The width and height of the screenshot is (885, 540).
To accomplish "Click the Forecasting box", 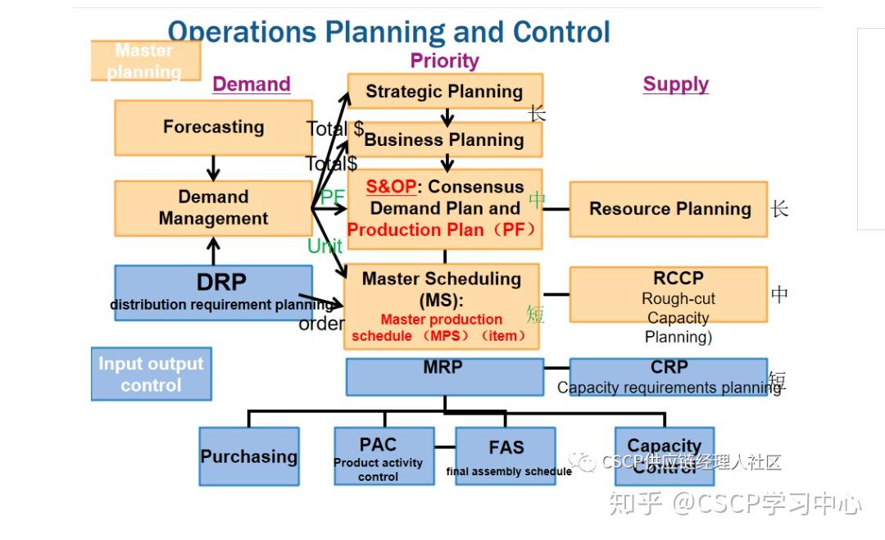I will [213, 128].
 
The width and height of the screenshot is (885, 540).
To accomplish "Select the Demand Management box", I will [213, 208].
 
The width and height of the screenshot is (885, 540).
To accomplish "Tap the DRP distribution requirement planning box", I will [213, 292].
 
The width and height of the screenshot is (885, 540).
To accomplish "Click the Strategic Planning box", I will [444, 92].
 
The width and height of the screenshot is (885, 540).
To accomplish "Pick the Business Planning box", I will [444, 139].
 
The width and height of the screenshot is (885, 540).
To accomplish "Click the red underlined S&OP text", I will [391, 187].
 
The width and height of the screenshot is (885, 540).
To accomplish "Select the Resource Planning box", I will [669, 209].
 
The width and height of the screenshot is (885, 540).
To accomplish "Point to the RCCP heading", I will [678, 278].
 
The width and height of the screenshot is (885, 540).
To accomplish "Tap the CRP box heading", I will [669, 367].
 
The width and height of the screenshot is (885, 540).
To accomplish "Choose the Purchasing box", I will [249, 456].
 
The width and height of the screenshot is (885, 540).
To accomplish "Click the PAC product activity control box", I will [379, 456].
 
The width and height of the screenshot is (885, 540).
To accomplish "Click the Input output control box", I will [151, 374].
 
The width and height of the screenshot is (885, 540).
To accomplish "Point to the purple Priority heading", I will [444, 61].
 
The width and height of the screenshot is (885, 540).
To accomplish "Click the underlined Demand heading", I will [252, 84].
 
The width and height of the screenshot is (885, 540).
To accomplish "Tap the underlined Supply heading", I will [676, 84].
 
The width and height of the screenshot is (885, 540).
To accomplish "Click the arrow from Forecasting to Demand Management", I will [213, 168].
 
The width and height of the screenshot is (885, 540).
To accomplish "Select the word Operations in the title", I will [241, 33].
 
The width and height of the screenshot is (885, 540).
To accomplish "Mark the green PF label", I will [332, 197].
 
